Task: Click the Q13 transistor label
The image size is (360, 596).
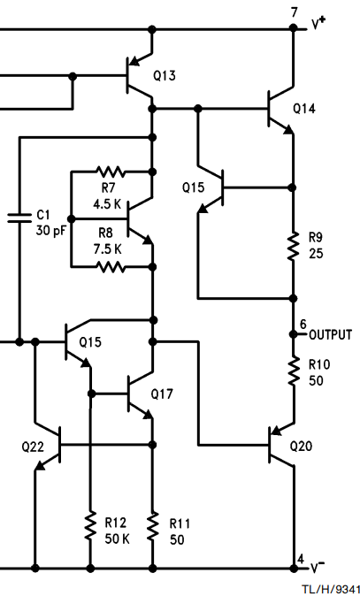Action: [165, 76]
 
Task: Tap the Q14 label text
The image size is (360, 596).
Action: [304, 109]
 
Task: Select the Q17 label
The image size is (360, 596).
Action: [162, 394]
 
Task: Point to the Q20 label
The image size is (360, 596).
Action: [301, 446]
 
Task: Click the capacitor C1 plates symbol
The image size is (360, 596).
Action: [19, 218]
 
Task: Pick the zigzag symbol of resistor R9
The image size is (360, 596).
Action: [293, 247]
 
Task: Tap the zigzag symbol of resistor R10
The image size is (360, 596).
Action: [293, 371]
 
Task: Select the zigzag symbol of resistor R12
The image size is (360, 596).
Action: [90, 526]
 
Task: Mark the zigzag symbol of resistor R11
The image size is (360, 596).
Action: [152, 526]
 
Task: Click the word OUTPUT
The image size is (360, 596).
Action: [330, 335]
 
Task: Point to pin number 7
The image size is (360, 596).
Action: [295, 12]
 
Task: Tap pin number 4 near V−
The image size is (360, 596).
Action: [301, 560]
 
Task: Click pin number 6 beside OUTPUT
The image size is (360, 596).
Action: [303, 325]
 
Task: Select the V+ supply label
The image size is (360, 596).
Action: [318, 24]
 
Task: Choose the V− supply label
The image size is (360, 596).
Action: [318, 567]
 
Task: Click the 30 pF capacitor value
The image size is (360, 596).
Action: [50, 230]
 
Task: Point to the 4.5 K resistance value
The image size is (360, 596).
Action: [107, 204]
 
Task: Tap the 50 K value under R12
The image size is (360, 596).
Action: [117, 539]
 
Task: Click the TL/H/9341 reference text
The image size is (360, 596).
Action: [330, 589]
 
